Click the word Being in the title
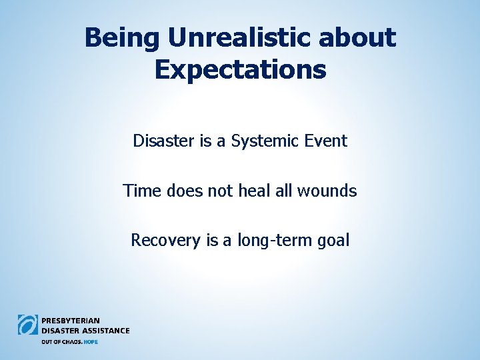coord(122,38)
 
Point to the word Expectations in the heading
coord(240,69)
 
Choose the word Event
coord(326,141)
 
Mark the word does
coord(180,191)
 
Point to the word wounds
coord(328,191)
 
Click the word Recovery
coord(167,240)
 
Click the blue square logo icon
coord(28,325)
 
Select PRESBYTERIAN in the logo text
coord(71,321)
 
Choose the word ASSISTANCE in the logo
coord(105,330)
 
